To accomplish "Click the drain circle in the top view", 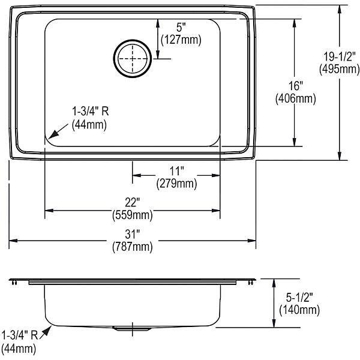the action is [x=133, y=40].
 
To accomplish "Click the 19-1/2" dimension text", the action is [x=340, y=56].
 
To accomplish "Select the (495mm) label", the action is [x=340, y=69].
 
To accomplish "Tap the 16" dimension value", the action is [x=296, y=86].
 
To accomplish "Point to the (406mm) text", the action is [x=296, y=99].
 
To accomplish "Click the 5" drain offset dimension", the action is [x=181, y=28].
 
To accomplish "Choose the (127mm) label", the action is [x=181, y=40].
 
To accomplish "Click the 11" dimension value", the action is [x=176, y=171].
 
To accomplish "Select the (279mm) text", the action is [x=176, y=184].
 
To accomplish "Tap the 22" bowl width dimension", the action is [x=132, y=203].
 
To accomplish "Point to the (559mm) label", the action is [x=133, y=215].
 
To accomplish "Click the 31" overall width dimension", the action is [x=132, y=235].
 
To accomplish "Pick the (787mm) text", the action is [x=133, y=247].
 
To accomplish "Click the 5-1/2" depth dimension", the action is [x=299, y=298].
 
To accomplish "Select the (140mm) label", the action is [x=299, y=310].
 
